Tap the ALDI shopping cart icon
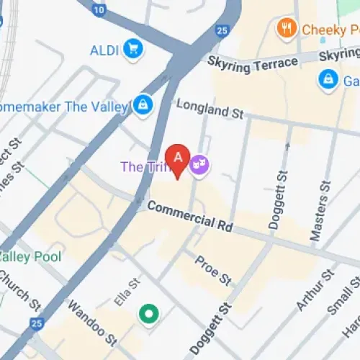[x=132, y=49]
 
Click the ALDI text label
[x=105, y=50]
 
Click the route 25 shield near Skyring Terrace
[x=221, y=31]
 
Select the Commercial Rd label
[x=189, y=216]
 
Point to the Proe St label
[x=214, y=267]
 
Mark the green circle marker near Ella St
[x=149, y=313]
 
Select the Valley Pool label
[x=30, y=256]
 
